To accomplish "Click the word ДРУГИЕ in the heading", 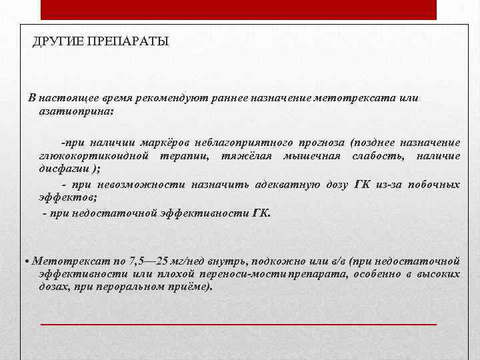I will pyautogui.click(x=56, y=42).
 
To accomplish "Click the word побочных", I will pyautogui.click(x=436, y=185).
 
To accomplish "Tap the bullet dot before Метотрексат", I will pyautogui.click(x=25, y=261).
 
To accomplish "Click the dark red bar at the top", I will pyautogui.click(x=239, y=9).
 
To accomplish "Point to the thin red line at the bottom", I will pyautogui.click(x=239, y=323).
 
